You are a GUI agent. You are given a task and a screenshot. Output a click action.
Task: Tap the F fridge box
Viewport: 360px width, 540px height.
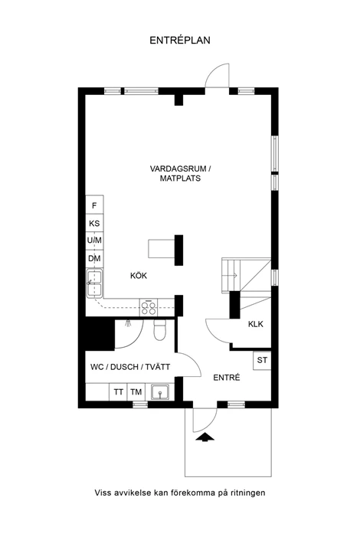(x=94, y=205)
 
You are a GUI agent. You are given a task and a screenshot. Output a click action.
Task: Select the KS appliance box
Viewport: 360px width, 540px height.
(x=94, y=223)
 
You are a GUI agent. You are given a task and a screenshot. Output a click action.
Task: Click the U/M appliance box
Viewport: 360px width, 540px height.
(x=94, y=241)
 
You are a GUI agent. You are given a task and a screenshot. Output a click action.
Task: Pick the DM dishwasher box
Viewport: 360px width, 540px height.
(x=94, y=259)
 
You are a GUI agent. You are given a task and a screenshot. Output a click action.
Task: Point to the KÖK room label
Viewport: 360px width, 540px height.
(x=138, y=276)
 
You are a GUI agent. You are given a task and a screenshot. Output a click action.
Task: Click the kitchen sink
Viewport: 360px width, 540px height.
(x=94, y=286)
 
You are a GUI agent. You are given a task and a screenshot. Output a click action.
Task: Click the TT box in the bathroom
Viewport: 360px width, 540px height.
(x=119, y=392)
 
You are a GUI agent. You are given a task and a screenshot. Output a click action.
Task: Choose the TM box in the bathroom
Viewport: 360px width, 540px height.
(x=136, y=392)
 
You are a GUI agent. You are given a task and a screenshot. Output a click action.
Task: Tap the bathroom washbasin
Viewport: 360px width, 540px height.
(x=160, y=392)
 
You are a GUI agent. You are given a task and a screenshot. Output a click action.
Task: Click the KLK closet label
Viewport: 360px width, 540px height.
(x=255, y=324)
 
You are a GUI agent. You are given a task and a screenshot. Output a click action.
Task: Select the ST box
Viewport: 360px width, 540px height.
(x=262, y=360)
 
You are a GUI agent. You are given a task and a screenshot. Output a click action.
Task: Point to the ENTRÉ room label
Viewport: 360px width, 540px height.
(x=227, y=377)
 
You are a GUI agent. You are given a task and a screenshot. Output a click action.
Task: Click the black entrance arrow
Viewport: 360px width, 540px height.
(x=205, y=437)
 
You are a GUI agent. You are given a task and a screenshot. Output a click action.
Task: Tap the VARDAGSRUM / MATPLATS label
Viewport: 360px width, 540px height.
(x=180, y=173)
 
